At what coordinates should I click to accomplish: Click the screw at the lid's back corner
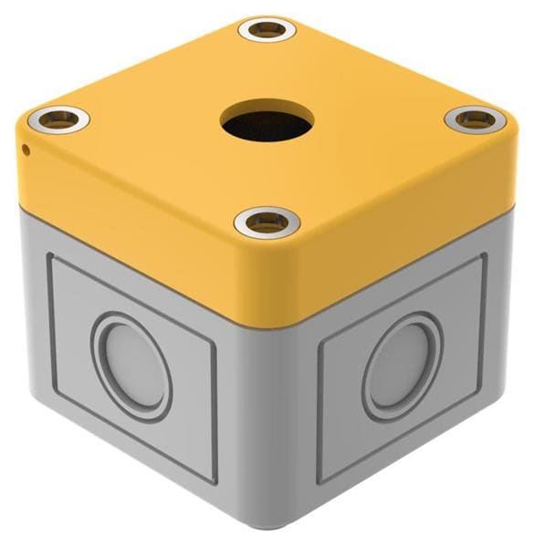[x=267, y=30]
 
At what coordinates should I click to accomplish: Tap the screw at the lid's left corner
[x=60, y=118]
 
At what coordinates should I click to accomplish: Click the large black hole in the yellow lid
[x=267, y=120]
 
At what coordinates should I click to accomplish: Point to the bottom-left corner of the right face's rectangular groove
[x=319, y=480]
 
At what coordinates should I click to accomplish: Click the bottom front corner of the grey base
[x=267, y=533]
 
